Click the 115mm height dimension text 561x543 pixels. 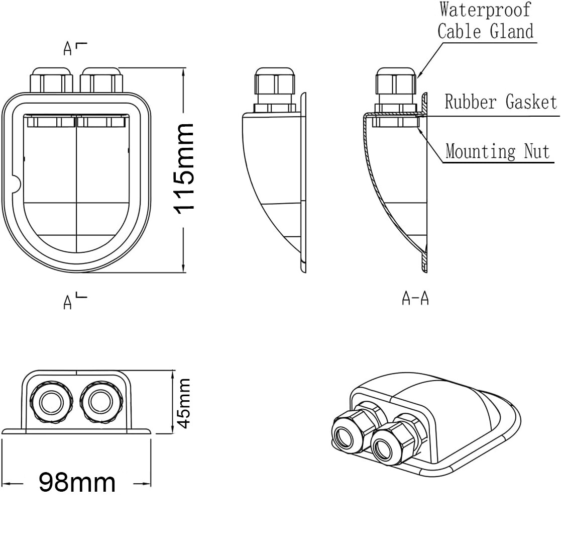(x=185, y=168)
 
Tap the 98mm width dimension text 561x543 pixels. (x=77, y=483)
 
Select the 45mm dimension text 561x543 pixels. (x=184, y=403)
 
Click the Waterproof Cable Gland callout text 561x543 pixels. (x=485, y=21)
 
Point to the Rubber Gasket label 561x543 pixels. (x=501, y=102)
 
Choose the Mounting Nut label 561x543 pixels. (x=498, y=151)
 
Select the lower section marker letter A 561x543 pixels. (x=68, y=302)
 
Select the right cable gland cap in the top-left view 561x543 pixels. (x=101, y=79)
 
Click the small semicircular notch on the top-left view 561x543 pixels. (x=17, y=185)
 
